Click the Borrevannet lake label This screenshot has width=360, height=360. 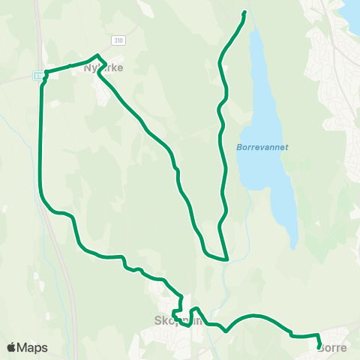[257, 147]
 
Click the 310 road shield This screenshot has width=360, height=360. [117, 39]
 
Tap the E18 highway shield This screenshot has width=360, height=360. [37, 75]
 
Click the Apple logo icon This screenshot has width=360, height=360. [11, 347]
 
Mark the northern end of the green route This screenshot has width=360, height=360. [244, 13]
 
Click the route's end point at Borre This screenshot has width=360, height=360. [319, 345]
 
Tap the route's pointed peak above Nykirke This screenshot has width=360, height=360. [97, 55]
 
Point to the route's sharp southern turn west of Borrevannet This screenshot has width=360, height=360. [226, 259]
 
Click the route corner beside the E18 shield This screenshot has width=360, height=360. [46, 73]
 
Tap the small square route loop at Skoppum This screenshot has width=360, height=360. [178, 312]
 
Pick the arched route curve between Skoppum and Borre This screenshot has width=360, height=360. [255, 316]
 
